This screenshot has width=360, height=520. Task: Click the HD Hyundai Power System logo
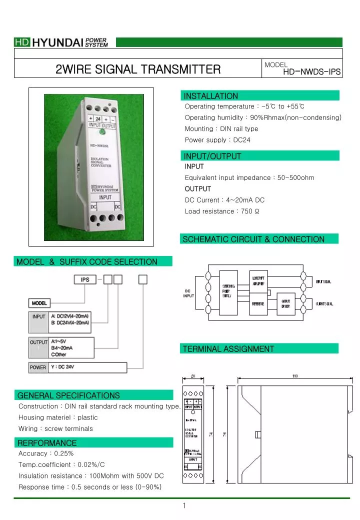(61, 42)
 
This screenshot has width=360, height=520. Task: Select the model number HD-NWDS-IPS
(311, 72)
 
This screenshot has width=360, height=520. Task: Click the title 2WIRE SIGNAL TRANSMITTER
(137, 69)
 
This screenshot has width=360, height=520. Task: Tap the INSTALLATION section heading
(210, 96)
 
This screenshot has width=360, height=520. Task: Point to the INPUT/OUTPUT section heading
(212, 156)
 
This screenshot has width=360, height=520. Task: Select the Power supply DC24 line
(217, 140)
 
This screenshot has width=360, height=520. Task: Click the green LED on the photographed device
(102, 132)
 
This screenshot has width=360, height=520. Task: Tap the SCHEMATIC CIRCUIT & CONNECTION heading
(253, 239)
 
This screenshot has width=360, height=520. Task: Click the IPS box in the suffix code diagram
(85, 279)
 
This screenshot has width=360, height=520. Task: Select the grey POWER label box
(38, 367)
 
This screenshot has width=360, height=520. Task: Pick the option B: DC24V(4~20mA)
(70, 323)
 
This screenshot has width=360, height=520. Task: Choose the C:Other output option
(59, 354)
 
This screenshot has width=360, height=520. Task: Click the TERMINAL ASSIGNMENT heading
(228, 348)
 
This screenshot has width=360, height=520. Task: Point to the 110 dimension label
(295, 376)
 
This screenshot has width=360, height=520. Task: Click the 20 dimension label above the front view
(192, 376)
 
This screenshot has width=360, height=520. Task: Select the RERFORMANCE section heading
(47, 443)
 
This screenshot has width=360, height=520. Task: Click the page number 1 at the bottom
(184, 505)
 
